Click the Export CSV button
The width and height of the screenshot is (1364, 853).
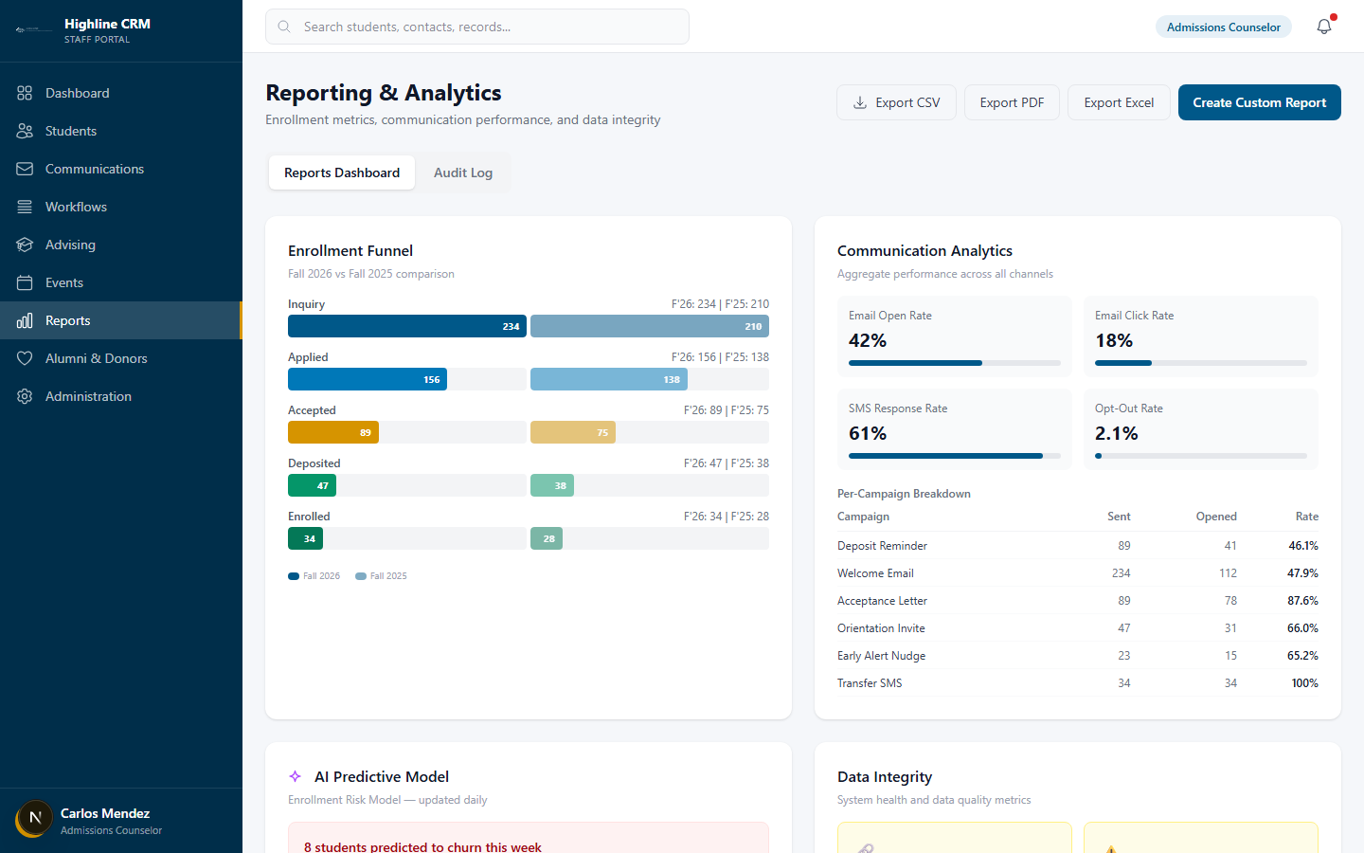896,102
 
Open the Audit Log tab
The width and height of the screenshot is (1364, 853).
462,172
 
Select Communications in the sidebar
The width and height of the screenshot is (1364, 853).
94,169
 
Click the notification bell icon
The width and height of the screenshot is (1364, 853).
1323,27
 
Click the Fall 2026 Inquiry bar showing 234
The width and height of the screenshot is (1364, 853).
406,326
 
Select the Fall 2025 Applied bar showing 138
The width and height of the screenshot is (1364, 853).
608,379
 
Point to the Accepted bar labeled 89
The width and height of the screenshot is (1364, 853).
333,432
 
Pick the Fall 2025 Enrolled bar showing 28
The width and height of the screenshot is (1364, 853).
547,538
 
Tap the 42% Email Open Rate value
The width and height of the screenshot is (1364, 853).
868,340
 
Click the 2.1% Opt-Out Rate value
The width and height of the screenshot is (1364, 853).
1116,433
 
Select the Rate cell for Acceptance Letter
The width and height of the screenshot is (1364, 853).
1302,601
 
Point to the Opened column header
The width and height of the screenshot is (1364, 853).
1215,517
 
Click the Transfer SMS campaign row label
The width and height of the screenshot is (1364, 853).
870,683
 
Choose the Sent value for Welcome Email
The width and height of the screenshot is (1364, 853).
1121,573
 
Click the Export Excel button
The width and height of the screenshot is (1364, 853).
1118,102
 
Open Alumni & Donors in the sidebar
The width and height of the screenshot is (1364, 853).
96,358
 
